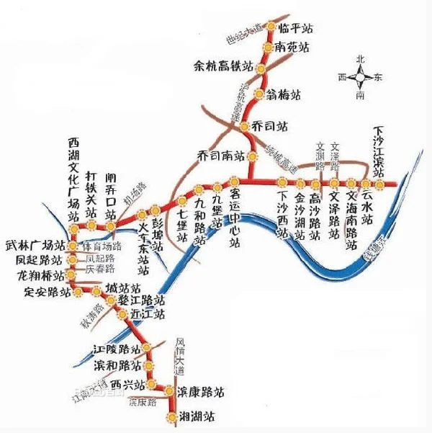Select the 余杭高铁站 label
tap(224, 67)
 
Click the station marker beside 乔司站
tap(245, 126)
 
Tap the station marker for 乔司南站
tap(251, 156)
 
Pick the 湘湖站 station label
tap(197, 416)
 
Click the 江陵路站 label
tap(114, 349)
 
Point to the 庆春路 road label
tap(100, 269)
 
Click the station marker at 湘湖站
tap(171, 416)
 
